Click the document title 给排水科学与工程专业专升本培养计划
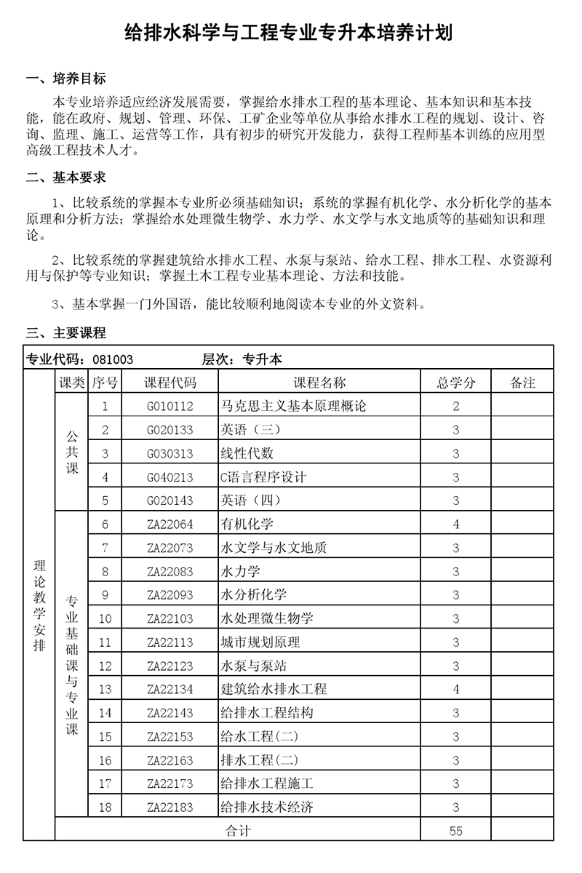pyautogui.click(x=290, y=34)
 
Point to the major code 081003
pyautogui.click(x=113, y=359)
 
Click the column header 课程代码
pyautogui.click(x=170, y=383)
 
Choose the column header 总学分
pyautogui.click(x=456, y=383)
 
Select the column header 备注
pyautogui.click(x=522, y=383)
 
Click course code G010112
pyautogui.click(x=170, y=406)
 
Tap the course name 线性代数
pyautogui.click(x=247, y=453)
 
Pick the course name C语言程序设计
pyautogui.click(x=263, y=477)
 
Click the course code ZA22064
pyautogui.click(x=170, y=524)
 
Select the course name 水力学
pyautogui.click(x=239, y=571)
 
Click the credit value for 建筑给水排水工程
pyautogui.click(x=456, y=689)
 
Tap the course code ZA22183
pyautogui.click(x=170, y=808)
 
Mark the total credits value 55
pyautogui.click(x=456, y=831)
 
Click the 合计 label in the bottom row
pyautogui.click(x=238, y=831)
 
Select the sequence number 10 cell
pyautogui.click(x=105, y=618)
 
